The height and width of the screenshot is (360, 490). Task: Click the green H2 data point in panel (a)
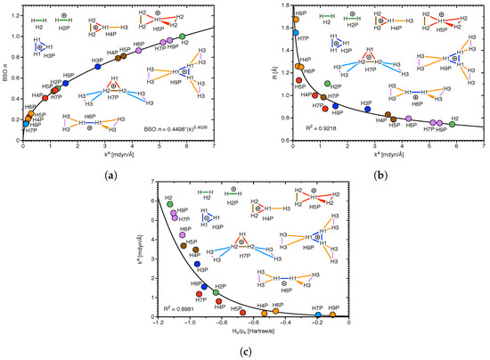click(182, 37)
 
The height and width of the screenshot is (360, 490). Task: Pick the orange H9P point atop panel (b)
click(296, 19)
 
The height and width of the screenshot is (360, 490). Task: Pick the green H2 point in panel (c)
click(169, 204)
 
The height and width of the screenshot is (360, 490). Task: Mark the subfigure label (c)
click(245, 352)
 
